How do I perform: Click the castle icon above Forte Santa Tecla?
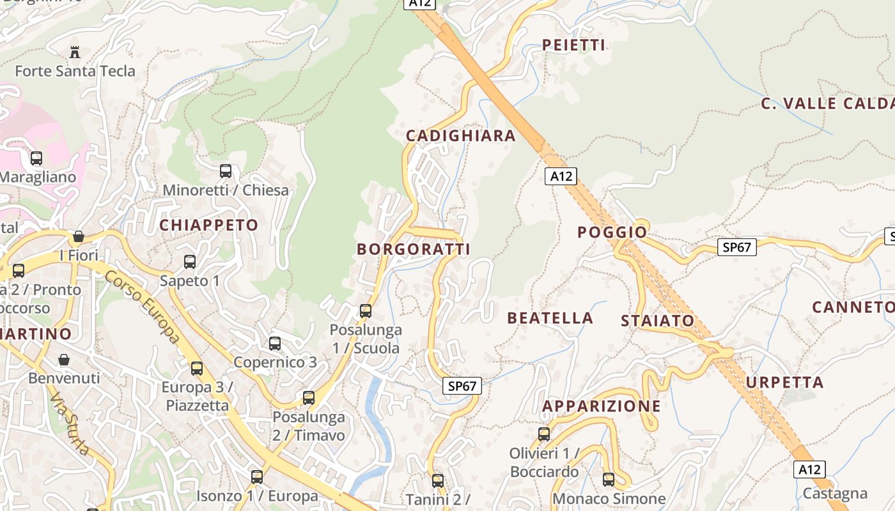75,52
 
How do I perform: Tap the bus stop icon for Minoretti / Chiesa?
226,171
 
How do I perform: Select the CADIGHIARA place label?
460,135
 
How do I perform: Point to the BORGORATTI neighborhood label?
413,249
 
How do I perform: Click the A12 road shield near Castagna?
809,469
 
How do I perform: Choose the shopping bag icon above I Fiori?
79,237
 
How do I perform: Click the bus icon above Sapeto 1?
190,262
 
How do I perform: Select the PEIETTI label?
573,45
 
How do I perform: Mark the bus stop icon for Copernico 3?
275,344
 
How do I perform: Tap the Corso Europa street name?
142,307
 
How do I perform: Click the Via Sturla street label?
70,423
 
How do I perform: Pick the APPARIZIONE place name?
601,406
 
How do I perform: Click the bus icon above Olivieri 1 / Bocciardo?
544,434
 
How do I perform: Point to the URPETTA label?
784,383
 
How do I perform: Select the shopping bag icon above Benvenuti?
64,360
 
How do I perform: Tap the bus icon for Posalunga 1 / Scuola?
366,311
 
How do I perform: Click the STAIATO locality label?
657,321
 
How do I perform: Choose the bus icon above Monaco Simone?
609,479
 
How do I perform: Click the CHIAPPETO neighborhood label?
208,225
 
